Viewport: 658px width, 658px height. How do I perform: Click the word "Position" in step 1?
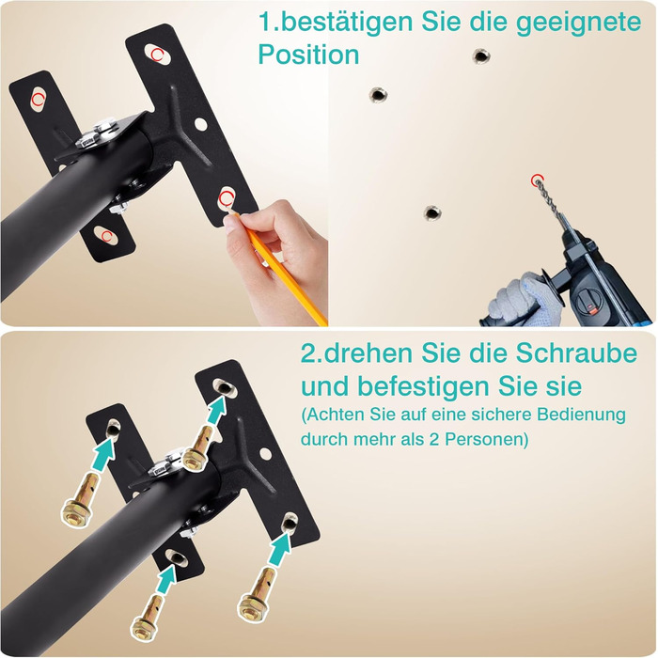[308, 55]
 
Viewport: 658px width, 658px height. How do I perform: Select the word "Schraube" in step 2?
[576, 353]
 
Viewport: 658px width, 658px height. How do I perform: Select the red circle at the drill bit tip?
[536, 180]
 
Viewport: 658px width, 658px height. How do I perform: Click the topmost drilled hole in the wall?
[481, 55]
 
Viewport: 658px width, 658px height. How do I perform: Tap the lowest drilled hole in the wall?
[431, 212]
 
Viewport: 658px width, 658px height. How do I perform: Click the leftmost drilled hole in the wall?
[378, 95]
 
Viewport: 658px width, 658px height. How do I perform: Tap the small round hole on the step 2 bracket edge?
[265, 453]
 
